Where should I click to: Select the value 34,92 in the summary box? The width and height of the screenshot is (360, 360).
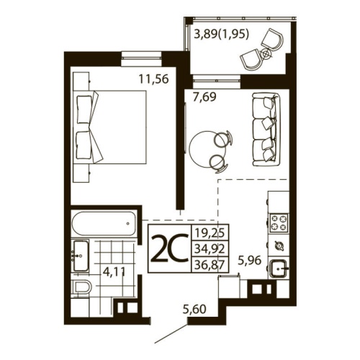tap(207, 249)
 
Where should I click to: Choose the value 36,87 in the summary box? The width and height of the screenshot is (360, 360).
tap(207, 265)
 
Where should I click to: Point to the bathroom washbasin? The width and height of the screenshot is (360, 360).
tap(79, 253)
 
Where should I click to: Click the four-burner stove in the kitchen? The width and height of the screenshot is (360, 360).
tap(278, 221)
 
